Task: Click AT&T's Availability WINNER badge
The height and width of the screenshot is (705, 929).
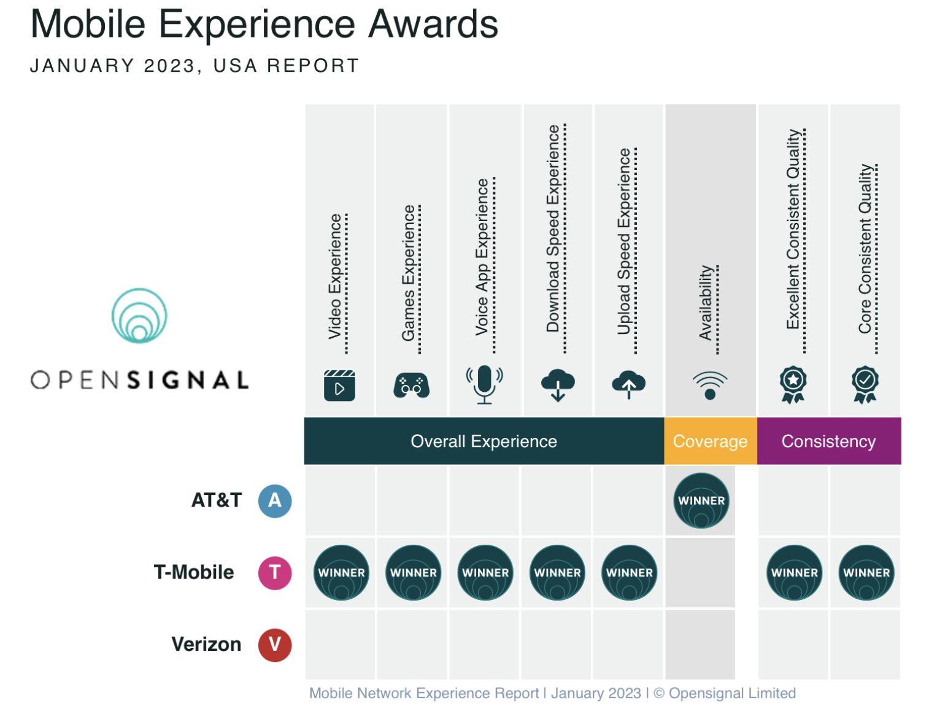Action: [x=701, y=501]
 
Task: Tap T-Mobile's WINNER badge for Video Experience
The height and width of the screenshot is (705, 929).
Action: [x=341, y=572]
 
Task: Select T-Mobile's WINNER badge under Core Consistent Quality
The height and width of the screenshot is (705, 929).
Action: [x=866, y=572]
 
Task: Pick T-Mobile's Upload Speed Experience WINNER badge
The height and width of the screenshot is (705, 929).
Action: [x=629, y=572]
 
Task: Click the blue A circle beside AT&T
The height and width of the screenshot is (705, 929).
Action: [x=275, y=501]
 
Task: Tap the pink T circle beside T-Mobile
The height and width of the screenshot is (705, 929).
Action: [x=275, y=572]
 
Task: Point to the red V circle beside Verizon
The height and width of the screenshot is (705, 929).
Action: [x=275, y=644]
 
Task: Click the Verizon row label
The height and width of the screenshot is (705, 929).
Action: [x=206, y=644]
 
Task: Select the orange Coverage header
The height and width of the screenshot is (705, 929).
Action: [x=710, y=441]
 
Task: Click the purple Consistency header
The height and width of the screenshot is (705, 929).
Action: [x=828, y=441]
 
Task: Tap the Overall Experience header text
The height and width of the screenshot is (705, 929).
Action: [x=484, y=441]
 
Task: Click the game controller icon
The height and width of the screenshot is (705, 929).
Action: [x=411, y=386]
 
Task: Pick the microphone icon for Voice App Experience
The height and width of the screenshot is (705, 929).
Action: [x=484, y=384]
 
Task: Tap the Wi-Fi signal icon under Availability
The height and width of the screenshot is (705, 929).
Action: [x=710, y=386]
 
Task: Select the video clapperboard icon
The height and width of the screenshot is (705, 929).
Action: [x=339, y=386]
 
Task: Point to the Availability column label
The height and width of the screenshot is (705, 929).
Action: [x=706, y=303]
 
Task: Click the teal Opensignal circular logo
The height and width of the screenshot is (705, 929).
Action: [x=139, y=316]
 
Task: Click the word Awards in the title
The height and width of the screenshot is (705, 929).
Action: [x=433, y=25]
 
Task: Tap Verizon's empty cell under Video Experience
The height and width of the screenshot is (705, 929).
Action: [x=340, y=644]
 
